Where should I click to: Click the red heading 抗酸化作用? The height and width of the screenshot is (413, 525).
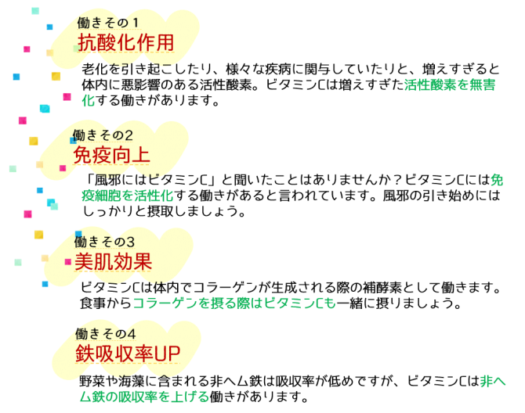(125, 42)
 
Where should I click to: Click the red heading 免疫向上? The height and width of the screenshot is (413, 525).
(111, 155)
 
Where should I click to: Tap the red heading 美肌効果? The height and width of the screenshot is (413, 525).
(113, 261)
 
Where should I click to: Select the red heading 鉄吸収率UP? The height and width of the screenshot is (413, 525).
(128, 354)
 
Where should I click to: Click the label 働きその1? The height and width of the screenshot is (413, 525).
(108, 23)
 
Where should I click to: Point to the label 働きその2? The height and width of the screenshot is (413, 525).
(103, 135)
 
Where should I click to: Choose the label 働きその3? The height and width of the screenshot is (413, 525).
(104, 242)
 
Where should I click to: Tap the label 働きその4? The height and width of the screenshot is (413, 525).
(106, 334)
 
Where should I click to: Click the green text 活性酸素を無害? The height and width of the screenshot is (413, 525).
(449, 84)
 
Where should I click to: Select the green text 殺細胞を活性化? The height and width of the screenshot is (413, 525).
(127, 196)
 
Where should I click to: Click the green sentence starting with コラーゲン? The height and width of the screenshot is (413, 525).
(234, 303)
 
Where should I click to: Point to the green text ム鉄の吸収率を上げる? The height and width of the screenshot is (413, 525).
(144, 397)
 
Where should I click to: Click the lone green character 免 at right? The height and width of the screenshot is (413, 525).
(497, 180)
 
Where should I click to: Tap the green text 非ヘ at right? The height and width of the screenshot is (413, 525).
(493, 382)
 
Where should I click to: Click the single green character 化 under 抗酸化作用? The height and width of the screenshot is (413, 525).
(88, 100)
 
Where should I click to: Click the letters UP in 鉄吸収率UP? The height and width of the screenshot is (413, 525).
(167, 354)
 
